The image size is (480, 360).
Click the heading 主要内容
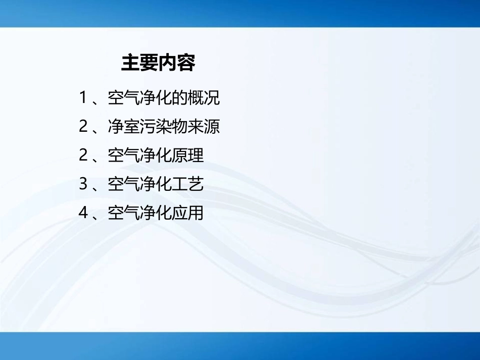(158, 64)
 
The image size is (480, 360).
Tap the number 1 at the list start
(83, 97)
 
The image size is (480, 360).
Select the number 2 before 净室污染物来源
(83, 126)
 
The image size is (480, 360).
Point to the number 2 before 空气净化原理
(83, 155)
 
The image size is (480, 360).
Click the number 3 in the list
(83, 184)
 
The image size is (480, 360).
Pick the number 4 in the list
(83, 213)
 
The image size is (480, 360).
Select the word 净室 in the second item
(124, 126)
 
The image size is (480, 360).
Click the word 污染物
(164, 126)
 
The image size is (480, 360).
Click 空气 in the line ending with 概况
(124, 97)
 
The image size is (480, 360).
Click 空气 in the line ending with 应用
(124, 213)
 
